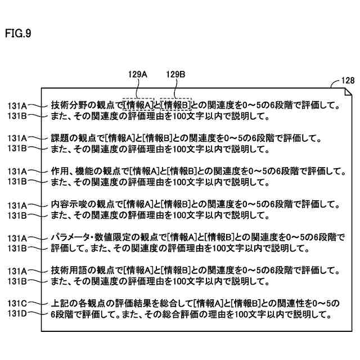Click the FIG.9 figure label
(19, 33)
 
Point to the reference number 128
(347, 80)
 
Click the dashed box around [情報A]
(138, 105)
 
